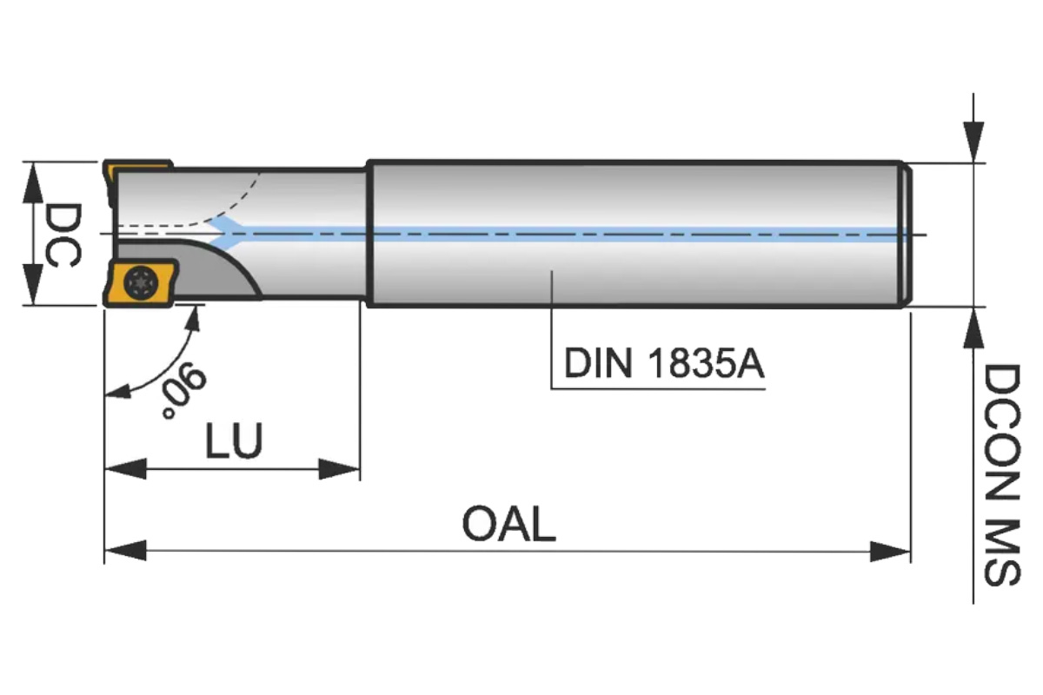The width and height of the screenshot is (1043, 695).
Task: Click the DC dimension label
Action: coord(62,234)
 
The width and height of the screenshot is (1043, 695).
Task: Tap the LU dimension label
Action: coord(233,441)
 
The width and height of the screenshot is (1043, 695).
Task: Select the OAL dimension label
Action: coord(508,525)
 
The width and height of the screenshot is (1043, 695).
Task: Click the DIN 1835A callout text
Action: coord(664,364)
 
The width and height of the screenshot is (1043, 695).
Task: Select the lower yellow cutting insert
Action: coord(139,283)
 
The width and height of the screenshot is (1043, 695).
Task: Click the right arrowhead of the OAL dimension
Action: coord(890,550)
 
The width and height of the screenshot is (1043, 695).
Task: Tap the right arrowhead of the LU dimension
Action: coord(340,470)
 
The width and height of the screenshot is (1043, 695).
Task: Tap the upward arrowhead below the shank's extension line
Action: coord(973,328)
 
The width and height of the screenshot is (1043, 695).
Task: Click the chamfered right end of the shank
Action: coord(907,234)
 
